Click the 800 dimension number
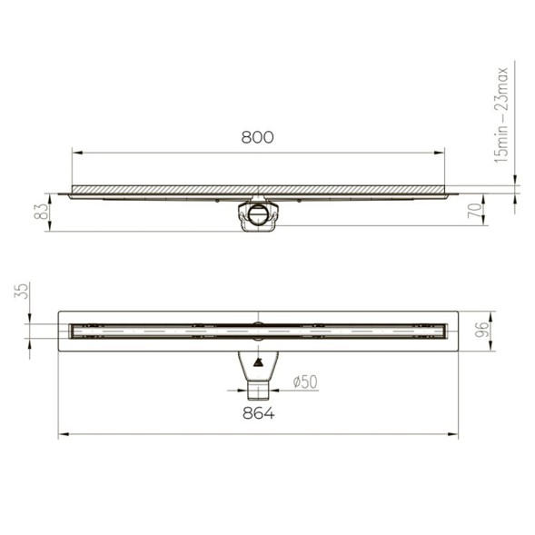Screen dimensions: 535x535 pos(257,137)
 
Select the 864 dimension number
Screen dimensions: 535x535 pos(258,413)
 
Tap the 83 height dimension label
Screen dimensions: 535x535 pos(41,212)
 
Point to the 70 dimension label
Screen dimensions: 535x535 pos(474,211)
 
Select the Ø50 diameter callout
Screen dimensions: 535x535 pos(304,382)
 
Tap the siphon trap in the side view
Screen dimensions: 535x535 pos(258,216)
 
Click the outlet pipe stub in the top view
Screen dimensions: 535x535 pos(258,391)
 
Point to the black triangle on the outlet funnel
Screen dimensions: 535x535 pos(258,365)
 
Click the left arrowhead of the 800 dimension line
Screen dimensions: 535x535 pos(75,154)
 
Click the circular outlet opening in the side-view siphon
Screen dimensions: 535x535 pos(260,215)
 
